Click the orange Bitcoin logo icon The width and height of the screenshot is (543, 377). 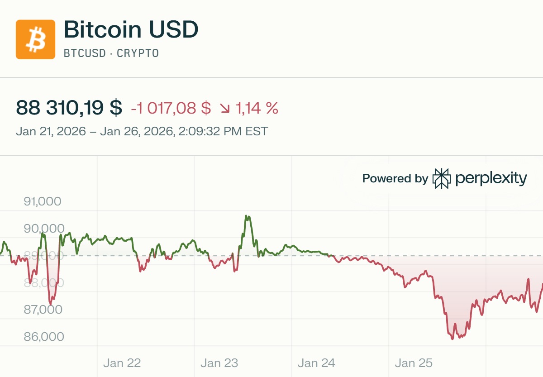point(35,39)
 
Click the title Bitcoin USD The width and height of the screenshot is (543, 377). point(131,30)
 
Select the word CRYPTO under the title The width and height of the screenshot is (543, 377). point(138,53)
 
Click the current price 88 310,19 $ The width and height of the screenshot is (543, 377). point(69,108)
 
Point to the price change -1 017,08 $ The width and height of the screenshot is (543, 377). point(171,108)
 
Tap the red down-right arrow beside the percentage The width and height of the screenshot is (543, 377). point(225,109)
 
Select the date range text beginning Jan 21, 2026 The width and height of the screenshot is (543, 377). point(142,132)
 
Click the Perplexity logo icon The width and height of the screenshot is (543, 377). point(442,178)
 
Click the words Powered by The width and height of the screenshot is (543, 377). point(395,178)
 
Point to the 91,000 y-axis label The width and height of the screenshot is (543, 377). point(42,201)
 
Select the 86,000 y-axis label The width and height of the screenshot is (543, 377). point(43,337)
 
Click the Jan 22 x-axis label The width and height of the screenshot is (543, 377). point(122,363)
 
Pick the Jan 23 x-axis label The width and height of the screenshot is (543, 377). point(219,363)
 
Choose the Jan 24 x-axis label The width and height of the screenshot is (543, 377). point(316,363)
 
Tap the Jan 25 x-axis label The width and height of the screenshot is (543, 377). point(414,363)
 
